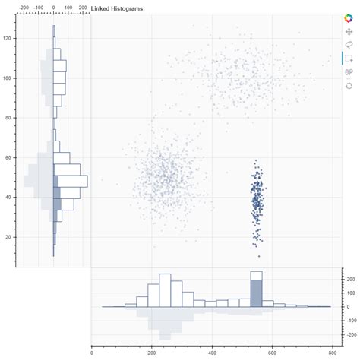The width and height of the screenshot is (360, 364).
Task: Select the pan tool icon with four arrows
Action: coord(349,32)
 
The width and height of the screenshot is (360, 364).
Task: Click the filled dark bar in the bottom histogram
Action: coord(256,293)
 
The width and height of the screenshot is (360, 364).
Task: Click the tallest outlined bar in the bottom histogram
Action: coord(165,290)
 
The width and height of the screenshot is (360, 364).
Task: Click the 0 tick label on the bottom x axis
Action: coord(91,353)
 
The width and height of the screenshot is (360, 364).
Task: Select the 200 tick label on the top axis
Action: coord(83,7)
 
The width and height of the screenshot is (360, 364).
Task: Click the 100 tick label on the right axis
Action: coord(351,293)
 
